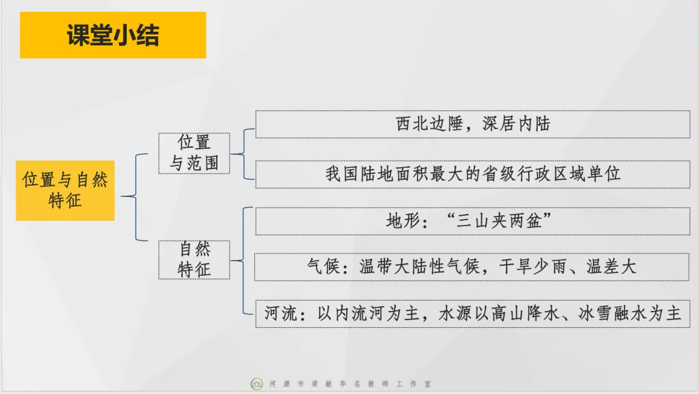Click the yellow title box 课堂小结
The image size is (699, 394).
pyautogui.click(x=113, y=35)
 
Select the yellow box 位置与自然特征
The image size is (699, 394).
pyautogui.click(x=65, y=190)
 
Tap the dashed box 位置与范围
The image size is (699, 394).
pyautogui.click(x=194, y=153)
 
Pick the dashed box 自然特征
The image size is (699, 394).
pyautogui.click(x=194, y=259)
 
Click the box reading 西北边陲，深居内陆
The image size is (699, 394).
pyautogui.click(x=472, y=124)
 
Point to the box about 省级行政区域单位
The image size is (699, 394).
pyautogui.click(x=472, y=174)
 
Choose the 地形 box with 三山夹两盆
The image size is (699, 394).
pyautogui.click(x=472, y=221)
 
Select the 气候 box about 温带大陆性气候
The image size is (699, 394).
pyautogui.click(x=472, y=267)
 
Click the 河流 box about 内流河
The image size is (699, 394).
pyautogui.click(x=472, y=314)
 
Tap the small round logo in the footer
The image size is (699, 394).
pyautogui.click(x=257, y=384)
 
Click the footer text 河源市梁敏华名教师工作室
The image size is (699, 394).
pyautogui.click(x=349, y=384)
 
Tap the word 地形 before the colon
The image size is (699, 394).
pyautogui.click(x=403, y=221)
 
